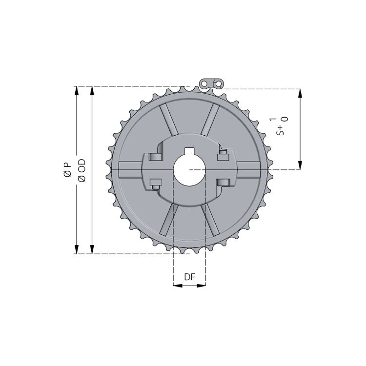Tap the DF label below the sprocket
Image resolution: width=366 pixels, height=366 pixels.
[190, 277]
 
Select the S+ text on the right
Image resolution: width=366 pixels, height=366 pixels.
[280, 129]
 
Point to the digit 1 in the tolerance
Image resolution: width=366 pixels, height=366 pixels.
[273, 119]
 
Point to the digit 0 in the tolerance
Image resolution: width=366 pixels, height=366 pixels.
[285, 119]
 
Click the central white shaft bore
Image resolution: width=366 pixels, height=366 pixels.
[189, 170]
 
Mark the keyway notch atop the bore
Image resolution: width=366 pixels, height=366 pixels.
[189, 151]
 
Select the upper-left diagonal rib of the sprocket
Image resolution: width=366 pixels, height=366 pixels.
[168, 119]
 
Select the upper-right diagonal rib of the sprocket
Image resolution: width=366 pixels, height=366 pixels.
[210, 119]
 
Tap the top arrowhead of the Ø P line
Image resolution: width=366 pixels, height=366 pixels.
[76, 91]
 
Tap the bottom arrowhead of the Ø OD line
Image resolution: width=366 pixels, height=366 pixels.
[92, 249]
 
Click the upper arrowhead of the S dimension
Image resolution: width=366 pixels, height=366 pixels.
[300, 94]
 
